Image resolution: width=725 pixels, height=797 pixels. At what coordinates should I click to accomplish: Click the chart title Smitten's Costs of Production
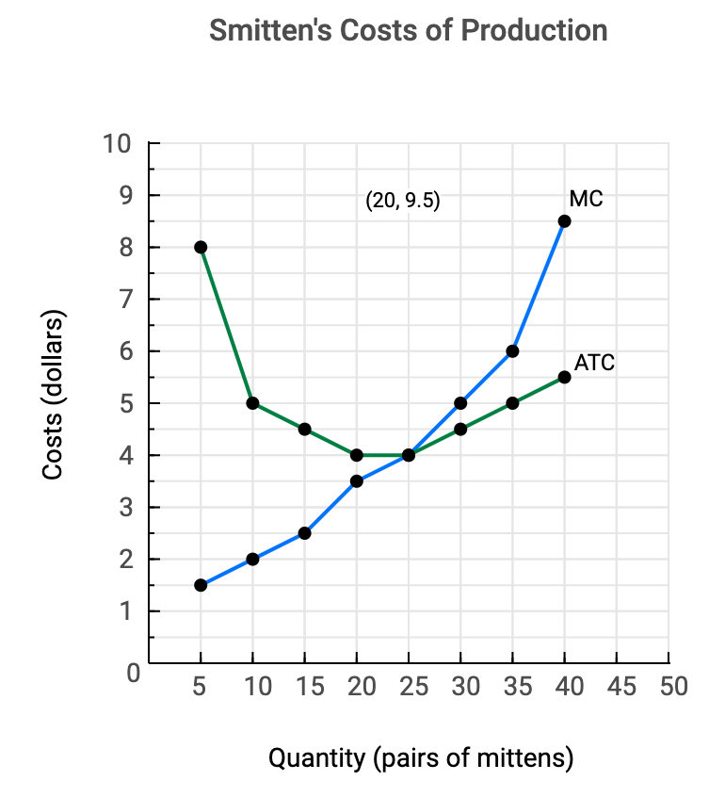point(408,30)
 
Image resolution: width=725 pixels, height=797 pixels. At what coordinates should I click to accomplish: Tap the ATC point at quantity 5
point(201,247)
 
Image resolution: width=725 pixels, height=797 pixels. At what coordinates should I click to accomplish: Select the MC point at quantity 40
point(564,221)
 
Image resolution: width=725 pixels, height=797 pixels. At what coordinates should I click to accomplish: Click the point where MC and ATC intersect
point(409,455)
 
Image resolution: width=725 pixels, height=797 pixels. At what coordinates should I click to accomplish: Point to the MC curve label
point(586,199)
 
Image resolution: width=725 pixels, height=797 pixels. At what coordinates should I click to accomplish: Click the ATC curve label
point(594,363)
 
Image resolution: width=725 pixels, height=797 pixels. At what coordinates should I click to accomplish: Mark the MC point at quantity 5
point(201,585)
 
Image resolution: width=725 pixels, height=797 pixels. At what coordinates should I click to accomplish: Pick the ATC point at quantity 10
point(252,403)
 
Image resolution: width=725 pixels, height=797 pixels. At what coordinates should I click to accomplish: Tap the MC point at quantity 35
point(512,351)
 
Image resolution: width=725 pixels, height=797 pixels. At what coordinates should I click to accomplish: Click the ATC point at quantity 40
point(564,377)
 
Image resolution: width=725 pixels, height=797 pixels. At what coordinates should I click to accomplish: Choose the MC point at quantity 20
point(357,481)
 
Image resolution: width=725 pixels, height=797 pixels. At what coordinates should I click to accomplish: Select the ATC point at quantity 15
point(304,429)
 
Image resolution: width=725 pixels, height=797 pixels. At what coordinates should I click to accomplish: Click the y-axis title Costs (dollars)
point(53,395)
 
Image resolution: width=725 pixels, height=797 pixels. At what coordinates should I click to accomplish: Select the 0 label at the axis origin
point(134,674)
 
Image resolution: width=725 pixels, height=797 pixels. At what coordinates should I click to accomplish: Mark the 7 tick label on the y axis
point(125,301)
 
